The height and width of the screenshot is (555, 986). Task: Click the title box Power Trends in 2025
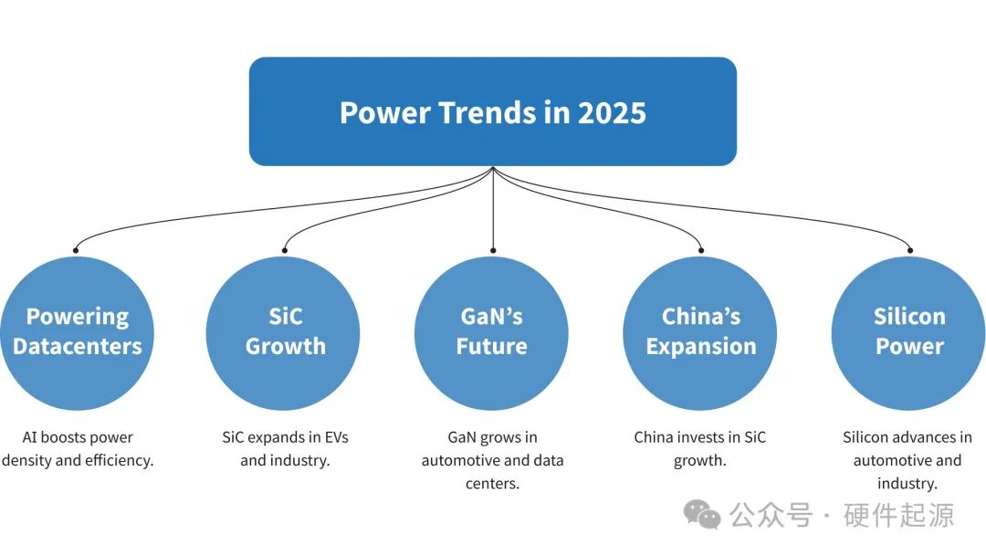[492, 111]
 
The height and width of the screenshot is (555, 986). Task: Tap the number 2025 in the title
[612, 113]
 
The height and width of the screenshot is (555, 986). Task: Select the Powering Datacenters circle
[77, 332]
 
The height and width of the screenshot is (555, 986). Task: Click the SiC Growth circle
[285, 332]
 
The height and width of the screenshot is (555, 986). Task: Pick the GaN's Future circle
[492, 332]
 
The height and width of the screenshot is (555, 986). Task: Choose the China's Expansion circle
[700, 332]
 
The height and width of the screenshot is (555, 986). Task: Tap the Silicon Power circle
[908, 332]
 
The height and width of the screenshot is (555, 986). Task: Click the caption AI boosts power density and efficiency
[78, 449]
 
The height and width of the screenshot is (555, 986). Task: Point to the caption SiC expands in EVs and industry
[285, 449]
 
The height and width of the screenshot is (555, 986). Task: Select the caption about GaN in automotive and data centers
[492, 460]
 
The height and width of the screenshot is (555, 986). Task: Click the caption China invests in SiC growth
[700, 449]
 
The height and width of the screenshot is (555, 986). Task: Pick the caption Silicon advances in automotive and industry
[907, 460]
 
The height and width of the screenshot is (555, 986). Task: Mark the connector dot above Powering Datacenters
[77, 249]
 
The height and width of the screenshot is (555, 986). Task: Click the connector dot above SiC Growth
[285, 249]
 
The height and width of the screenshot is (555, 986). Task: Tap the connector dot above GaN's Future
[493, 249]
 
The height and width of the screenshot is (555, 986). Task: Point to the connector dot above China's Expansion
[701, 249]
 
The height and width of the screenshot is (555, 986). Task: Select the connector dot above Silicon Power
[909, 249]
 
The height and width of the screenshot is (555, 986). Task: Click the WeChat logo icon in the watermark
[702, 515]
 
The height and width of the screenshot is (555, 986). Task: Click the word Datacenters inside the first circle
[78, 347]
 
